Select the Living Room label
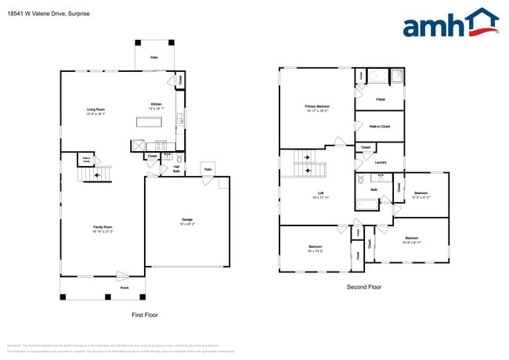96,111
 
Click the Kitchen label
157,106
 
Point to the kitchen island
149,121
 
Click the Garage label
187,222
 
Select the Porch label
125,288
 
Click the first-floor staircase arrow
97,176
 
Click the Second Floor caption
364,287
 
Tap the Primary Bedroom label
316,108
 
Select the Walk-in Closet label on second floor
379,126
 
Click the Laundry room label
381,162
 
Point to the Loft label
316,196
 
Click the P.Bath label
380,99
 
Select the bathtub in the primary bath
376,77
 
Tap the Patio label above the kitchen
154,58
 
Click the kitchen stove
161,145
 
